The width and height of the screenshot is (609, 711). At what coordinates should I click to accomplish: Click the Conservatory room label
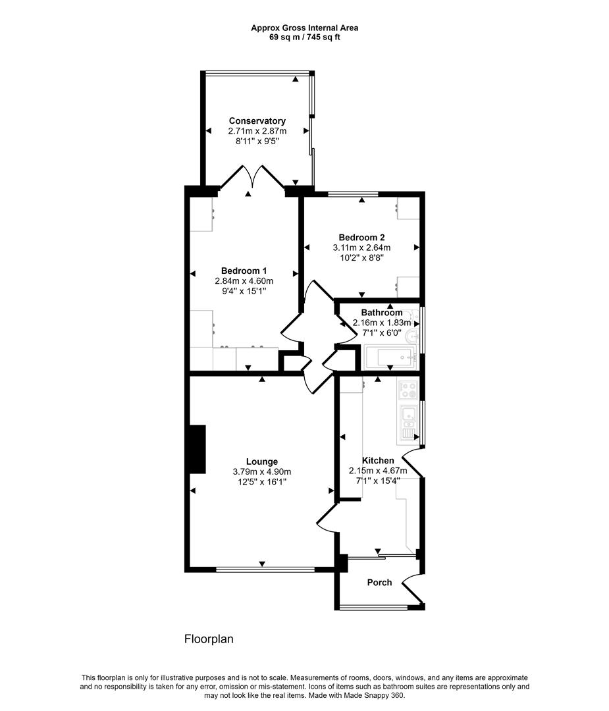pyautogui.click(x=257, y=120)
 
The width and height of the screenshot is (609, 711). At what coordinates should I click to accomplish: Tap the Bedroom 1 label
pyautogui.click(x=244, y=271)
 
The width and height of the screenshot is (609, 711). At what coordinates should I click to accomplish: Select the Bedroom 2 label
pyautogui.click(x=362, y=237)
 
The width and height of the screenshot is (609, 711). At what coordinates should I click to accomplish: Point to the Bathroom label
pyautogui.click(x=382, y=313)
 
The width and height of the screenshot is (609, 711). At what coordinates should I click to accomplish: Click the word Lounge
pyautogui.click(x=262, y=462)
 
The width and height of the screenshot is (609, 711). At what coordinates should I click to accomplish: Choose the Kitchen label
pyautogui.click(x=378, y=460)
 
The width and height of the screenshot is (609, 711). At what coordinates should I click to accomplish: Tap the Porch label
pyautogui.click(x=379, y=582)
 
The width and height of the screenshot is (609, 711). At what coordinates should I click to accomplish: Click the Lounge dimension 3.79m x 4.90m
pyautogui.click(x=262, y=472)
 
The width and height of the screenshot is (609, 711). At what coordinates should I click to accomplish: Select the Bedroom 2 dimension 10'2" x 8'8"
pyautogui.click(x=362, y=257)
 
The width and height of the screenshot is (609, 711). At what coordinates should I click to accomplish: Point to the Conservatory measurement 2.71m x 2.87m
pyautogui.click(x=257, y=131)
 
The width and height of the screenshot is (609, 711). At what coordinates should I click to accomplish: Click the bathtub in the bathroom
pyautogui.click(x=390, y=357)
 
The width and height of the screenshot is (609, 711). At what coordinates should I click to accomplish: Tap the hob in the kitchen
pyautogui.click(x=408, y=390)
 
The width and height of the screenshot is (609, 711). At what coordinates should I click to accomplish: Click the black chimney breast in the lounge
pyautogui.click(x=198, y=450)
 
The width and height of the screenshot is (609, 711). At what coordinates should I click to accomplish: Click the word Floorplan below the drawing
pyautogui.click(x=209, y=639)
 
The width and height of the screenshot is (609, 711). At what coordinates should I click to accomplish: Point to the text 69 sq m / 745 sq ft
pyautogui.click(x=305, y=37)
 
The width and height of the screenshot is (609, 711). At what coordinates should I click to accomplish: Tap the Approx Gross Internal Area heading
pyautogui.click(x=305, y=28)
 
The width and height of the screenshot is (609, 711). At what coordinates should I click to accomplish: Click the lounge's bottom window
pyautogui.click(x=265, y=569)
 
